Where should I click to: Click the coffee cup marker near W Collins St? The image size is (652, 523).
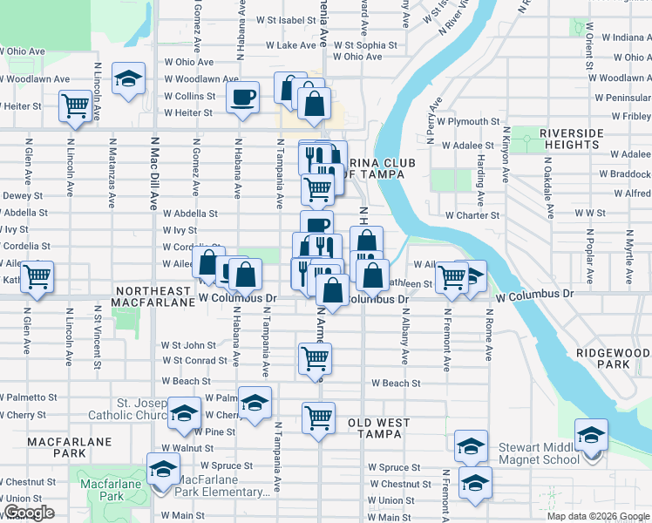click(242, 96)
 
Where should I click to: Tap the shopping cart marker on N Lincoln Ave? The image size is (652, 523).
click(76, 106)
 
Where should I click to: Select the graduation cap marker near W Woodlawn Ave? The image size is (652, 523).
click(128, 79)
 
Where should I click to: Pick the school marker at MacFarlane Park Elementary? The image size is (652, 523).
click(163, 471)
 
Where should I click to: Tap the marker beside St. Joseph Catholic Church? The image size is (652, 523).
click(184, 413)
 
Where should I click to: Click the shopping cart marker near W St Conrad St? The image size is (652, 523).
click(315, 357)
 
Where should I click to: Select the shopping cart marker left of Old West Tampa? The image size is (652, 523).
click(319, 418)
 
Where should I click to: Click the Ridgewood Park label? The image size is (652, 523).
click(613, 357)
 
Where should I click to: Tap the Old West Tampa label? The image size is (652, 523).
click(379, 428)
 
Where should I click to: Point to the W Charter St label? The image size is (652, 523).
click(472, 215)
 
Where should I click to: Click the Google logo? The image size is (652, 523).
click(29, 513)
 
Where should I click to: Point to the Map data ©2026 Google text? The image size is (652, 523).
click(599, 516)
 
